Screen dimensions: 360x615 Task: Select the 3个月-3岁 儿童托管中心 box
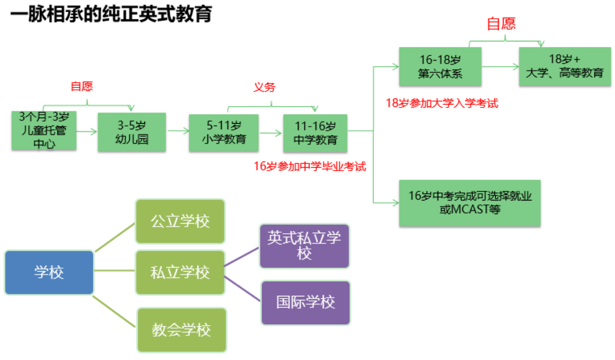tap(43, 131)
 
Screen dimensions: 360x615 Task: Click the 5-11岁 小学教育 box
tap(224, 133)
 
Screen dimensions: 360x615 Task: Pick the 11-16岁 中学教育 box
tap(315, 133)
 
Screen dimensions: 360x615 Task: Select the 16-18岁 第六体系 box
tap(440, 66)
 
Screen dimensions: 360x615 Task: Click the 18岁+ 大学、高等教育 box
tap(565, 66)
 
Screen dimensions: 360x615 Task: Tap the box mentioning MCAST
tap(470, 203)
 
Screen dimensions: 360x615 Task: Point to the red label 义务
tap(264, 87)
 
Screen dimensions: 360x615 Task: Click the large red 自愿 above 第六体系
tap(501, 24)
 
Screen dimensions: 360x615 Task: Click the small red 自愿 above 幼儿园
tap(82, 86)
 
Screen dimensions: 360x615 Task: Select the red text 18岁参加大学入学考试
tap(442, 104)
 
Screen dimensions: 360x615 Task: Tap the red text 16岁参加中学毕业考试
tap(310, 166)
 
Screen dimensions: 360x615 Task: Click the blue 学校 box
tap(49, 273)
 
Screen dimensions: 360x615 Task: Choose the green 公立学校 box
tap(180, 221)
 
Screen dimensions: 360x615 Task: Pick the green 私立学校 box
tap(180, 273)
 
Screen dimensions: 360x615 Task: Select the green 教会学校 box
tap(182, 330)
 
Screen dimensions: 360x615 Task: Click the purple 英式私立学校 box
tap(304, 246)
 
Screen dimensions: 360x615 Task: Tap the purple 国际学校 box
tap(305, 302)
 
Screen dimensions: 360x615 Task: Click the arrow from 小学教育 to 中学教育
tap(271, 134)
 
